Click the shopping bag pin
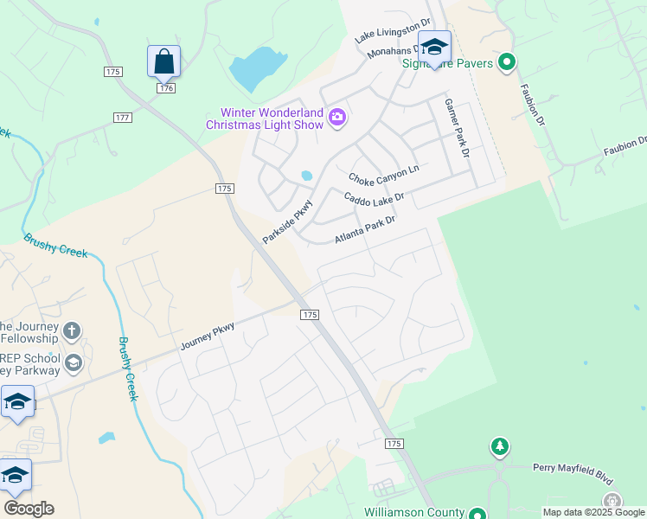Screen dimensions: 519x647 [163, 61]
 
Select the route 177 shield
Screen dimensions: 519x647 [122, 117]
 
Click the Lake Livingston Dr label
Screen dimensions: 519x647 [393, 31]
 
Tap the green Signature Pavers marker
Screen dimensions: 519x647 [507, 62]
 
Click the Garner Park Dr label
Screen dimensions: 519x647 [455, 127]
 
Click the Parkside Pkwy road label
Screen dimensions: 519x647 [286, 221]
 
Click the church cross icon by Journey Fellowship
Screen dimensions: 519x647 [73, 330]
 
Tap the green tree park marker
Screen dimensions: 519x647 [499, 446]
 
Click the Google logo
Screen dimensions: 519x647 [29, 509]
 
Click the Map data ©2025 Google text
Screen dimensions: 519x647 [593, 512]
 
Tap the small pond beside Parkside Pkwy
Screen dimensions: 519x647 [306, 176]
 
